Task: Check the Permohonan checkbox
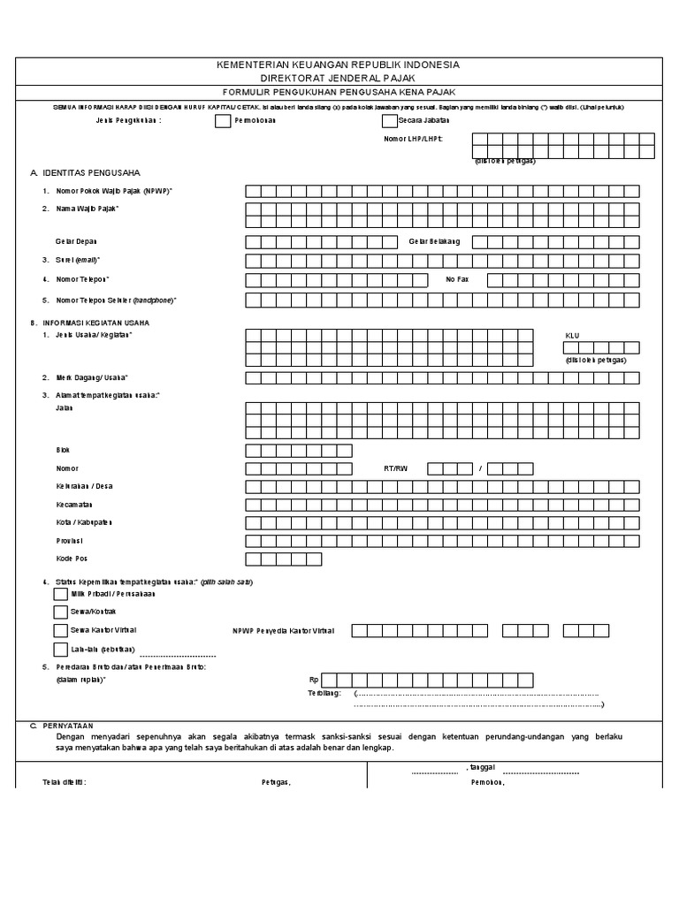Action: pyautogui.click(x=222, y=121)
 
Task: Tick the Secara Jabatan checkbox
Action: pyautogui.click(x=389, y=121)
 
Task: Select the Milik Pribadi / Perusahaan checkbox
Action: pyautogui.click(x=60, y=594)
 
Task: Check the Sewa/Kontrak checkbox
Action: pyautogui.click(x=60, y=612)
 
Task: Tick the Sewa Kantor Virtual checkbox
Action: pyautogui.click(x=60, y=630)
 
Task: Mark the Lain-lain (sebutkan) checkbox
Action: pyautogui.click(x=60, y=649)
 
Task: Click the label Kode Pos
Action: pyautogui.click(x=72, y=559)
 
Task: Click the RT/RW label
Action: pyautogui.click(x=396, y=468)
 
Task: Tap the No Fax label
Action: pyautogui.click(x=456, y=279)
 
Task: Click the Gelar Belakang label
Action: pyautogui.click(x=434, y=241)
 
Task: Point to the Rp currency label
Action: pyautogui.click(x=313, y=680)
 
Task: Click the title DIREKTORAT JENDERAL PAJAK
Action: pyautogui.click(x=339, y=79)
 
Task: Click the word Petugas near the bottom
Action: pyautogui.click(x=275, y=783)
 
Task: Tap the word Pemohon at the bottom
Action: pyautogui.click(x=488, y=783)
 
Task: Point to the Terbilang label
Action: pyautogui.click(x=324, y=694)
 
